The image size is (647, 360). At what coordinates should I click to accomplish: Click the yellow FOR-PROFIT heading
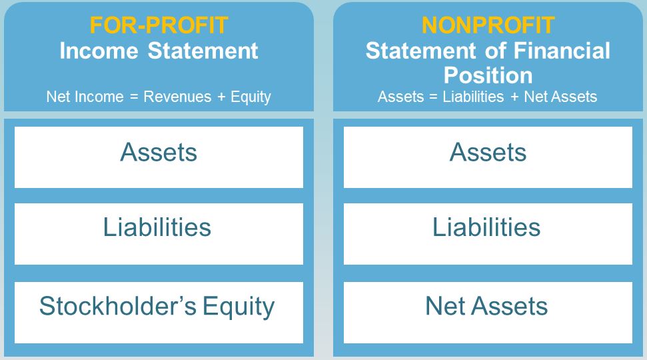[x=159, y=25]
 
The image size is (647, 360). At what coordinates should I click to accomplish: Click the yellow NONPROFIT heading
[x=488, y=25]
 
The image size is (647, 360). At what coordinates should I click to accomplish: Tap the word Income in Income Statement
[x=99, y=51]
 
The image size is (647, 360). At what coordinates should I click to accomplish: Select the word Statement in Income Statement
[x=203, y=51]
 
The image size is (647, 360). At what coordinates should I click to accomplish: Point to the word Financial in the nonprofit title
[x=562, y=51]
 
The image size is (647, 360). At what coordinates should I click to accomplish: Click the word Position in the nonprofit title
[x=488, y=75]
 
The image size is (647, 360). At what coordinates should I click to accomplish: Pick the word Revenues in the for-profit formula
[x=177, y=97]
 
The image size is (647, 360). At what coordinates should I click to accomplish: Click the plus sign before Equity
[x=221, y=97]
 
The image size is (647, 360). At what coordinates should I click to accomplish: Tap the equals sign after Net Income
[x=134, y=97]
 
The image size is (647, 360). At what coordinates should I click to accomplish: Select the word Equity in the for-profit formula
[x=251, y=97]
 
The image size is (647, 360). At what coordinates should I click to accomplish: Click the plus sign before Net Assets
[x=514, y=97]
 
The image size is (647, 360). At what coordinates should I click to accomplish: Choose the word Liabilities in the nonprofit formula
[x=473, y=97]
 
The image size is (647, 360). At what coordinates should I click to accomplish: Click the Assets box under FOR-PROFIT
[x=159, y=157]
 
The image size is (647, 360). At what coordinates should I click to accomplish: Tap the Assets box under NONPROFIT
[x=488, y=157]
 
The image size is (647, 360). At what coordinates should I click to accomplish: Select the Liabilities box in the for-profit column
[x=159, y=234]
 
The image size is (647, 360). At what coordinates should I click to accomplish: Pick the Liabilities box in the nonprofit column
[x=488, y=234]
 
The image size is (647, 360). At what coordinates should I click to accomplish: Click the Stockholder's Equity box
[x=159, y=313]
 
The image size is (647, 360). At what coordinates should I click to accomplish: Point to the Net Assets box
[x=488, y=313]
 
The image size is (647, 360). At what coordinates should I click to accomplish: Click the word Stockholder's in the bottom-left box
[x=118, y=306]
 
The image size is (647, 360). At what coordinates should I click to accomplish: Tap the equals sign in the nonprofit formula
[x=433, y=97]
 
